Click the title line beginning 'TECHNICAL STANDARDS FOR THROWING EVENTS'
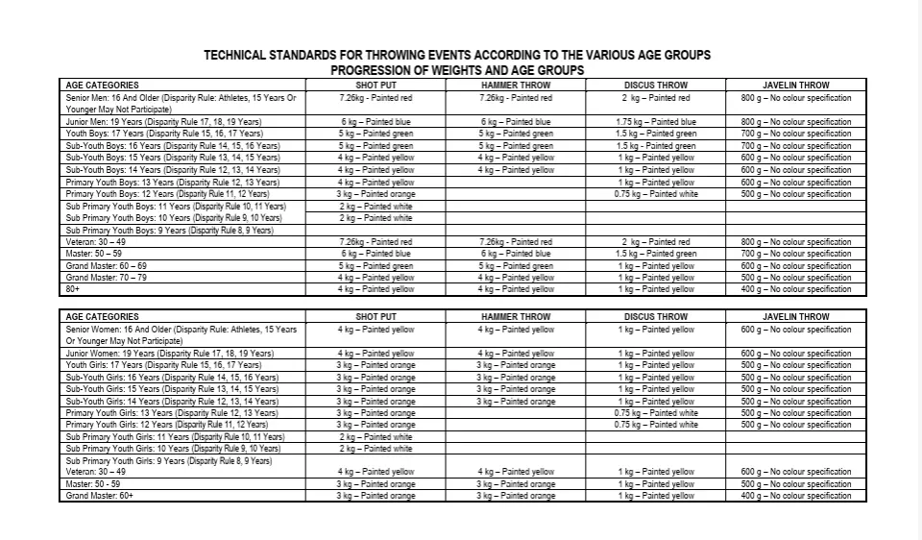click(457, 56)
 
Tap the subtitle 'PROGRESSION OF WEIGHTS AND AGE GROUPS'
click(457, 70)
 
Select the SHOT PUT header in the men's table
click(376, 86)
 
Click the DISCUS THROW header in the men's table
click(656, 86)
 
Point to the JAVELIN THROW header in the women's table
click(795, 316)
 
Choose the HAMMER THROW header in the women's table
click(516, 316)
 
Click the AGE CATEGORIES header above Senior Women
click(102, 316)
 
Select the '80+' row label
click(73, 289)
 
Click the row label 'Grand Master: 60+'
click(99, 496)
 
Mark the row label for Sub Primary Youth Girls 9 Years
click(168, 460)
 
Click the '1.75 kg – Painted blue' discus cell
click(656, 122)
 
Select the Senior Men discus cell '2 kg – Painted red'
click(656, 98)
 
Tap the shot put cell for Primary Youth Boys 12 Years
click(376, 194)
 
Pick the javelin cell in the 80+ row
click(795, 289)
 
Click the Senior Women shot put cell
click(376, 330)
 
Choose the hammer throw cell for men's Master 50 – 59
click(516, 254)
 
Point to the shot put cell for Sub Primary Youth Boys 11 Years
click(376, 206)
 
